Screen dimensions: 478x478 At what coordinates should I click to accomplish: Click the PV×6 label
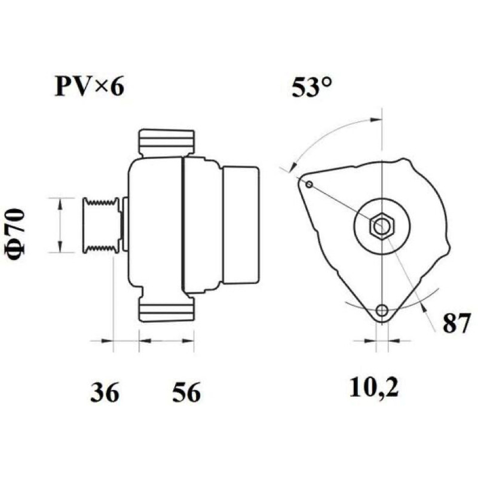pos(89,87)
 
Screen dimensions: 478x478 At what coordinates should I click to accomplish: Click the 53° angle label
pos(311,87)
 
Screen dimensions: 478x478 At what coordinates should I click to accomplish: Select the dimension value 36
pos(105,392)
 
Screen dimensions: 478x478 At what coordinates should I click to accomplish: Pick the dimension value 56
pos(186,392)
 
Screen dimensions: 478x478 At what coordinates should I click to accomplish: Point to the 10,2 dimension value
pos(374,388)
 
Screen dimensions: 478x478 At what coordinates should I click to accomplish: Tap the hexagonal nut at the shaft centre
pos(382,226)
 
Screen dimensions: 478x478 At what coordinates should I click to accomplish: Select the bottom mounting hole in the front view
pos(381,310)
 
